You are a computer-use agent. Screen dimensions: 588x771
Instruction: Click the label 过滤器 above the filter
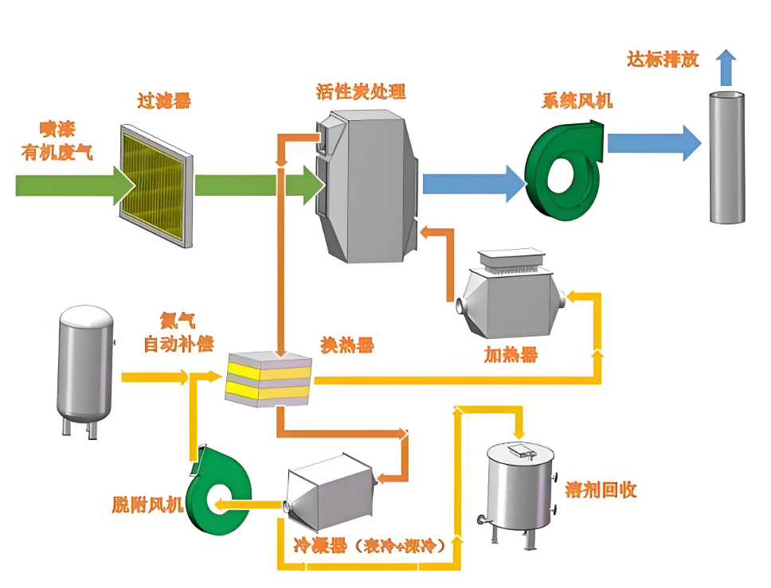click(164, 101)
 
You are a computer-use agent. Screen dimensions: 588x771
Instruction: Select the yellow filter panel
click(156, 185)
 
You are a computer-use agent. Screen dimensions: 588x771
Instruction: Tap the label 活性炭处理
click(361, 91)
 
